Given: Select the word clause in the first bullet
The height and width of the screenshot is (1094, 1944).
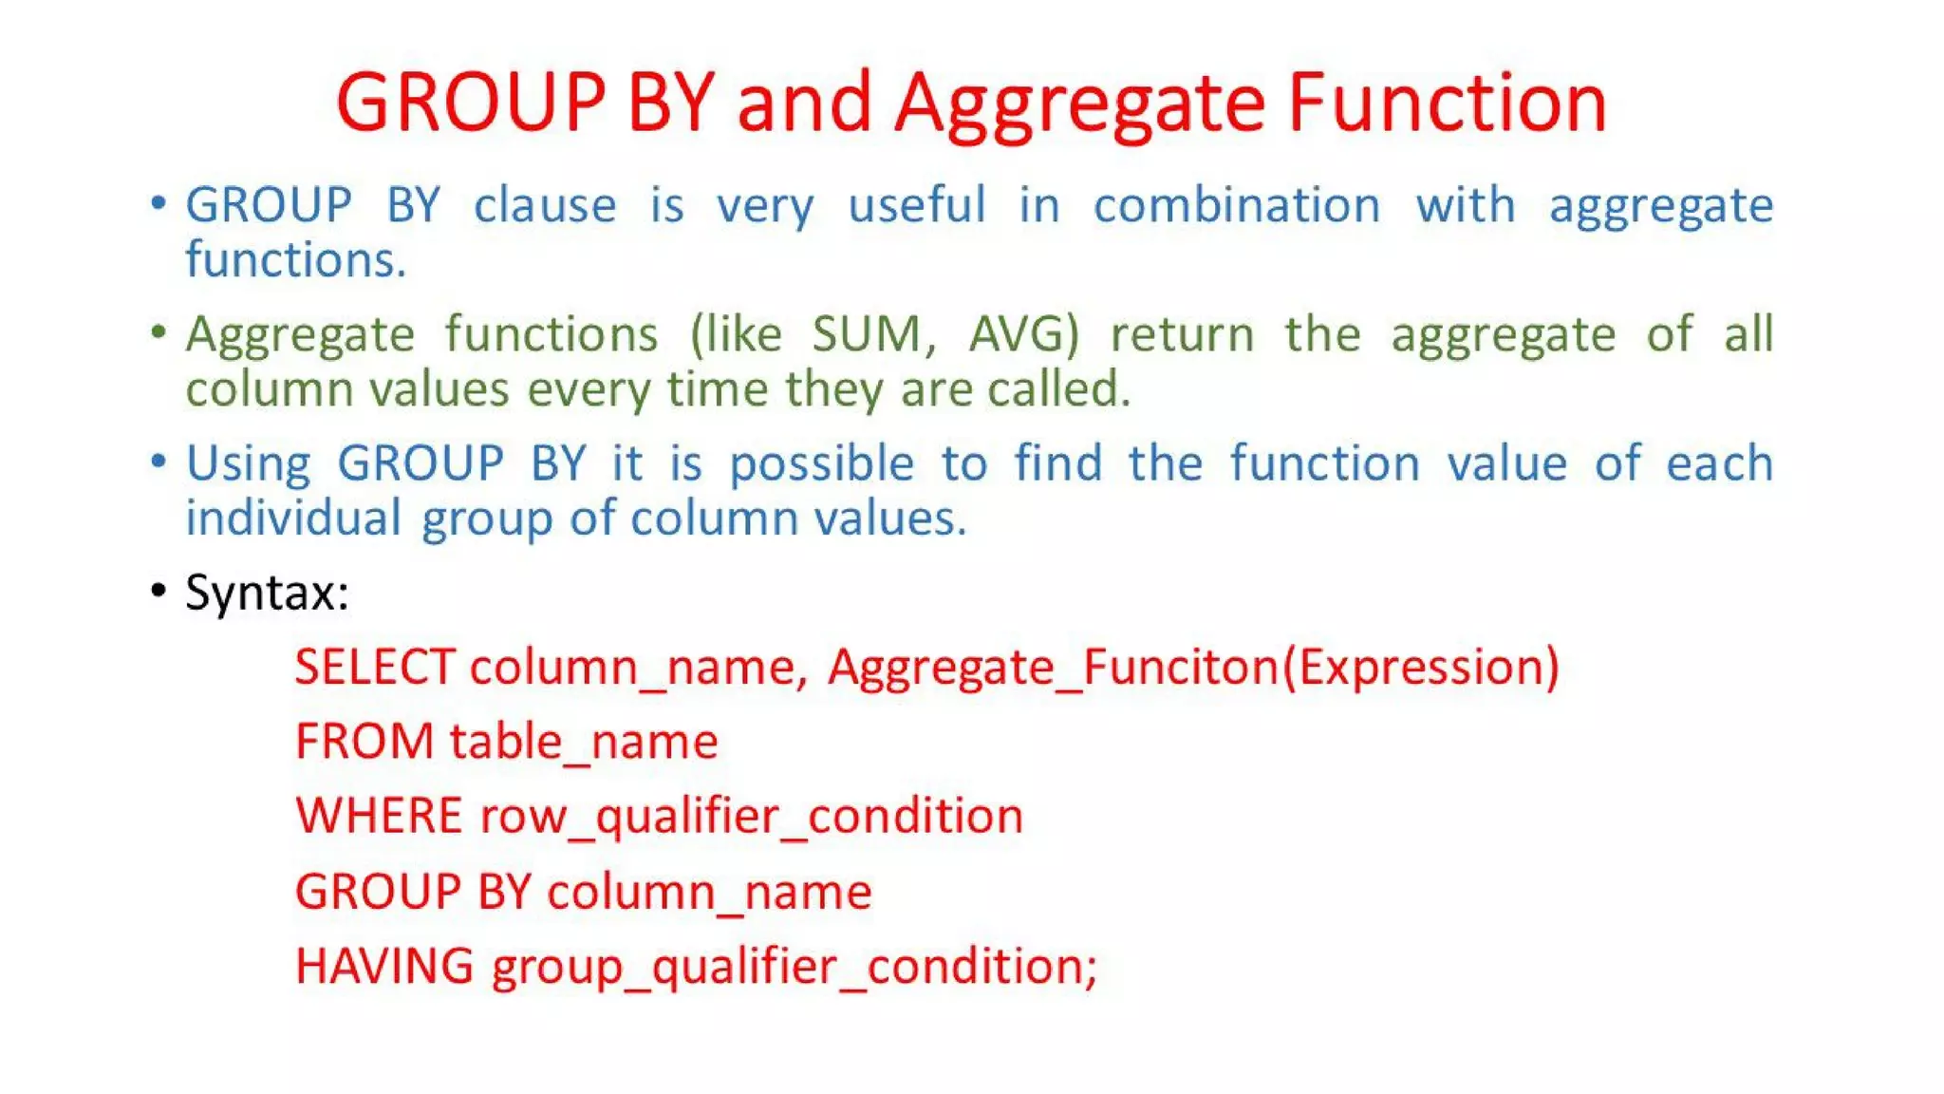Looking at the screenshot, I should [x=545, y=206].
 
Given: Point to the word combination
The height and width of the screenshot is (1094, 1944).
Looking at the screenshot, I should [x=1236, y=206].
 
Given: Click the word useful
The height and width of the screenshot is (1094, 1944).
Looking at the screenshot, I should [x=916, y=206].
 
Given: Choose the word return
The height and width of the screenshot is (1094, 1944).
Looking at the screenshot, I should [x=1182, y=334].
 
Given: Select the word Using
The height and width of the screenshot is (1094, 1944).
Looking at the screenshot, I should [x=248, y=464].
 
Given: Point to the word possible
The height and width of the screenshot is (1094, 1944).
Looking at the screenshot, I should [x=821, y=464].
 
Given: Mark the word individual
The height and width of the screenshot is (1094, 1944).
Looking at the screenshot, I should [x=293, y=519].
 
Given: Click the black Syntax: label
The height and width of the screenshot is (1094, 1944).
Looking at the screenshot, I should [x=267, y=593].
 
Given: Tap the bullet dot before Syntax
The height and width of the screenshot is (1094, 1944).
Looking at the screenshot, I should [x=159, y=591].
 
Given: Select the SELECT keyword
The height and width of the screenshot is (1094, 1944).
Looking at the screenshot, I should [x=375, y=667].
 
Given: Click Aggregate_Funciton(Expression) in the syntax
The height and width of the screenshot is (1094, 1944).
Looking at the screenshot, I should [x=1193, y=667].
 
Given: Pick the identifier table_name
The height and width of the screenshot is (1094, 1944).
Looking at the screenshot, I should [x=584, y=742].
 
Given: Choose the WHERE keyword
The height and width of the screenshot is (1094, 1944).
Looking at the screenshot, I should [x=379, y=816].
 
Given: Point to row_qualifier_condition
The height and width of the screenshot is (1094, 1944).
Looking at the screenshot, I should [x=752, y=816].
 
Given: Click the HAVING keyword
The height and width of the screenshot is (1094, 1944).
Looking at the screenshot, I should [x=383, y=966].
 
